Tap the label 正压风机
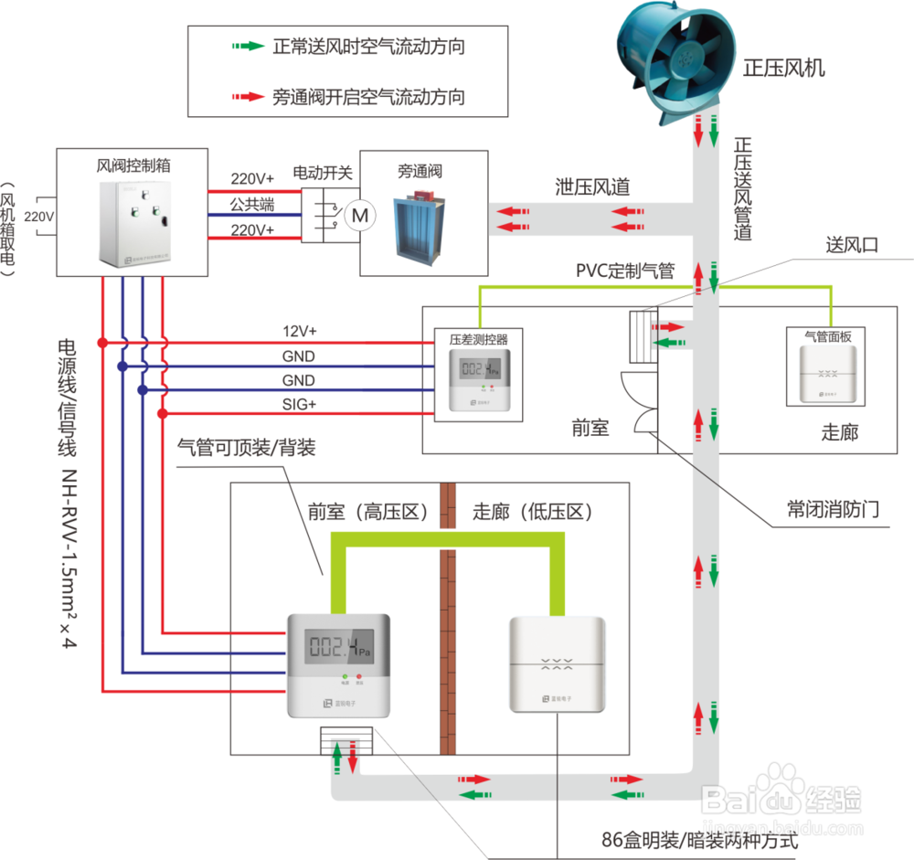point(784,68)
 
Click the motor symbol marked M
point(360,215)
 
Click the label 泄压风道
point(593,186)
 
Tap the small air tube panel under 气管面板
point(826,375)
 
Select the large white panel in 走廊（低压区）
point(558,664)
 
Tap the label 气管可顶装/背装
point(246,448)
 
